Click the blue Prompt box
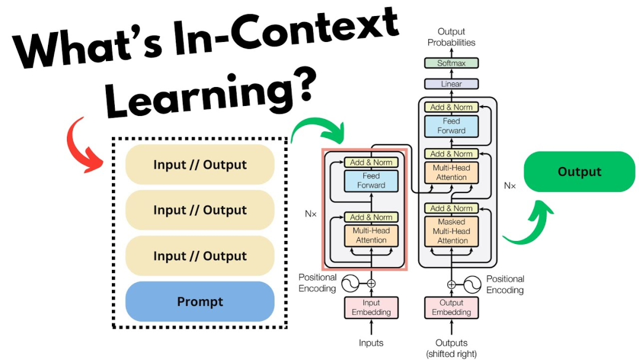click(200, 302)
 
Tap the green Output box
click(579, 172)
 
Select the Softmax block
click(451, 63)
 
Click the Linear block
click(451, 84)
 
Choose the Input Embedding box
click(372, 307)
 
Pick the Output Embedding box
click(451, 307)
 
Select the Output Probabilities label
click(451, 37)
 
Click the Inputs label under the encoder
click(372, 343)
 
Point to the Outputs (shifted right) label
click(451, 348)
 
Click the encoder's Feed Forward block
click(371, 181)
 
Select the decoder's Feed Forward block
click(451, 126)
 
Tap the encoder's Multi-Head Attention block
click(371, 236)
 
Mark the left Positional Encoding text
click(317, 282)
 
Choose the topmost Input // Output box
click(200, 165)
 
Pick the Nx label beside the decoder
click(509, 186)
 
